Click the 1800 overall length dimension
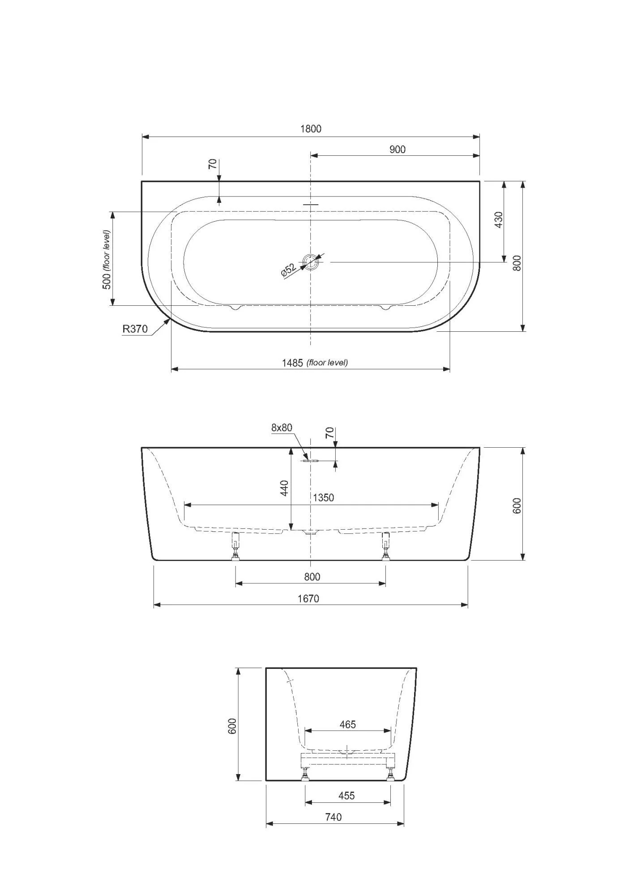click(311, 129)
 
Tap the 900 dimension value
click(398, 150)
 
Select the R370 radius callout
click(135, 329)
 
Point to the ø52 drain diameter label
click(289, 271)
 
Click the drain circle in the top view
click(310, 261)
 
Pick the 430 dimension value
click(499, 219)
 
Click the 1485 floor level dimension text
click(315, 363)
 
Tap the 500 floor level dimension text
click(107, 260)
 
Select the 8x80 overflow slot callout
click(282, 428)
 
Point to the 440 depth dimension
click(284, 488)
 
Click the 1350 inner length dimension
click(323, 497)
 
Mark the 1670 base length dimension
click(308, 599)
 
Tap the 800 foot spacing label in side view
click(312, 577)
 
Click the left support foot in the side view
click(235, 546)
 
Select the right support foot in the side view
click(385, 546)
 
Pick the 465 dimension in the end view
click(347, 724)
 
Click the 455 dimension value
click(346, 796)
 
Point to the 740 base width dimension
click(334, 817)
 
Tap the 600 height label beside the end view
click(232, 726)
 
